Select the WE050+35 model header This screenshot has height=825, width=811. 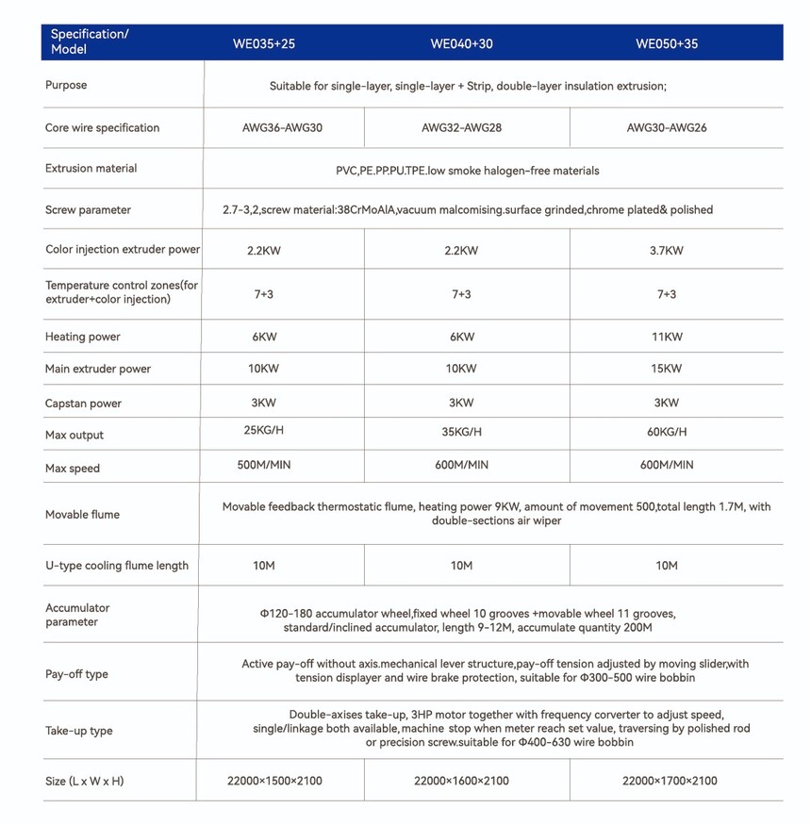667,43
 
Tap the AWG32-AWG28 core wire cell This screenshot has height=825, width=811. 461,127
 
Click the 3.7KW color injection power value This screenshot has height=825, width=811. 667,251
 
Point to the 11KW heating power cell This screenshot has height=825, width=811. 667,337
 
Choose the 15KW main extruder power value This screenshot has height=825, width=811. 667,369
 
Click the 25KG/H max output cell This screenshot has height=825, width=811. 263,431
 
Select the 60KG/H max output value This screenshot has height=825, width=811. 667,432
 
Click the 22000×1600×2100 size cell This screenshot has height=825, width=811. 461,781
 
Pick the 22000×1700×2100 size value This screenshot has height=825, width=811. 670,781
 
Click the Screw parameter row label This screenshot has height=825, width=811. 88,210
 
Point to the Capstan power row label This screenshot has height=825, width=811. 83,404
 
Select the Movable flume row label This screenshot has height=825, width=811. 82,515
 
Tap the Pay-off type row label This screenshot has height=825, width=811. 76,674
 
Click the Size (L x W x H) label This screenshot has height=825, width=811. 84,781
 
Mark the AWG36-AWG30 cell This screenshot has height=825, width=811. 282,127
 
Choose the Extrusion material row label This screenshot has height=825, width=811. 91,169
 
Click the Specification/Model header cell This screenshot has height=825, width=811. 90,41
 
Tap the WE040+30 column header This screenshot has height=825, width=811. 461,43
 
